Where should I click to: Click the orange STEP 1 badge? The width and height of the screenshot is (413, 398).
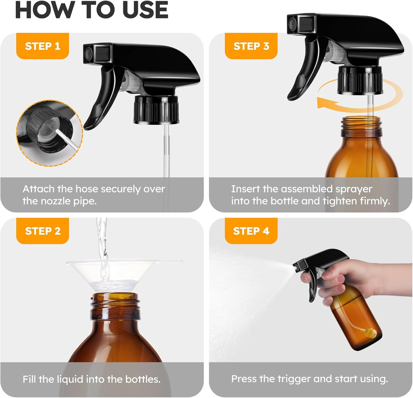point(42,46)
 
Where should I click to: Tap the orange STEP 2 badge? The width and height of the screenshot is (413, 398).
point(42,231)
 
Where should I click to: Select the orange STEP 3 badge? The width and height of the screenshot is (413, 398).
point(251,46)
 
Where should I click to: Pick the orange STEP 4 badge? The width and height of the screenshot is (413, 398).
point(251,231)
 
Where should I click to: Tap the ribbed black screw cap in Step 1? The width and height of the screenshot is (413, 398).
point(156,109)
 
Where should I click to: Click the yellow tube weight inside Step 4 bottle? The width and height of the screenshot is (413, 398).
point(371,332)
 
